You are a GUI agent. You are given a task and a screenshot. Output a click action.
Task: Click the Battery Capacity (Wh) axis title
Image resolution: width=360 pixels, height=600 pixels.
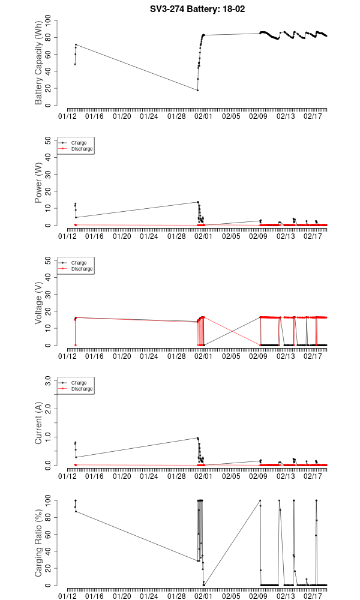pos(40,63)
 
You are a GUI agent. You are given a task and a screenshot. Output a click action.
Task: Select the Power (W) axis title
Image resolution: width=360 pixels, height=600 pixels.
pos(40,183)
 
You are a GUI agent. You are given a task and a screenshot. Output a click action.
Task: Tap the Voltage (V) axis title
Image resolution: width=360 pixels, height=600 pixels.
pos(40,303)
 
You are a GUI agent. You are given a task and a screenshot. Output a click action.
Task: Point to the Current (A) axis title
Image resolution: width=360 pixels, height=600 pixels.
pos(40,423)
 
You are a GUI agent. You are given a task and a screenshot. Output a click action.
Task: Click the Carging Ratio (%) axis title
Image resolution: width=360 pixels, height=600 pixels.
pos(40,543)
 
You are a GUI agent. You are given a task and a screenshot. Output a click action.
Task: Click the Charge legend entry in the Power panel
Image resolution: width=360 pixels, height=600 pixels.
pos(78,143)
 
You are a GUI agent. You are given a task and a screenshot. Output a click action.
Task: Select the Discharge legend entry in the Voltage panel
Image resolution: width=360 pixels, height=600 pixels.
pos(82,269)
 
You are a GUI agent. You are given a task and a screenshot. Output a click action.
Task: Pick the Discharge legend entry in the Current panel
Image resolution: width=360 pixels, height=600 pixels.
pos(82,389)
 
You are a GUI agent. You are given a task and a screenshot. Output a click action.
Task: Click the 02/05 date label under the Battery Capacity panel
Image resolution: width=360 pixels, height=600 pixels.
pos(232,115)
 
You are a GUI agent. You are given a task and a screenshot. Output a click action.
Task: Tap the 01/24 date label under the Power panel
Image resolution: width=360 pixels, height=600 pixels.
pos(149,235)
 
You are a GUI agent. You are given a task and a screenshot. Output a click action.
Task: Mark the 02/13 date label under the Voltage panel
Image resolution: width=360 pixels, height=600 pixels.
pos(286,355)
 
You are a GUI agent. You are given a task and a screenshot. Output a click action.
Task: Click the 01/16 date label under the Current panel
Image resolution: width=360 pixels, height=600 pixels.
pos(95,475)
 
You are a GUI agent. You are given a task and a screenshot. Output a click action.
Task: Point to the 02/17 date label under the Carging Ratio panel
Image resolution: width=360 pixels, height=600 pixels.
pos(314,595)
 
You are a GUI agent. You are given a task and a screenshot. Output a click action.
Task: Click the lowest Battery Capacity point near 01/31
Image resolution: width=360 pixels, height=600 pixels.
pos(197,90)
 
